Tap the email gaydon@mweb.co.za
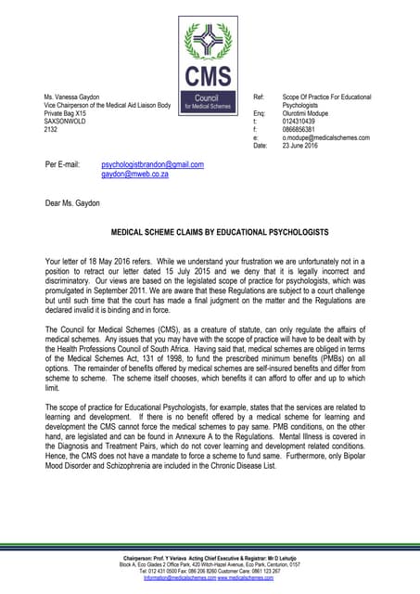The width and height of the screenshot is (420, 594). click(134, 174)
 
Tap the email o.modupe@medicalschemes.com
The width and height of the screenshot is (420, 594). click(326, 137)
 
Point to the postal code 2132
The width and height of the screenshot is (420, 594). click(51, 130)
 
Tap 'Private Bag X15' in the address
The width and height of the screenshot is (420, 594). click(70, 113)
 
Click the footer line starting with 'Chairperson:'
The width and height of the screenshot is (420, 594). click(210, 557)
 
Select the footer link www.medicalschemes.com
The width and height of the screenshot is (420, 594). click(248, 577)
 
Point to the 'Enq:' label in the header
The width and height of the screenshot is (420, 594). click(260, 113)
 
